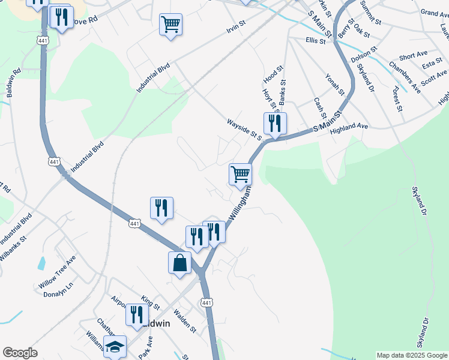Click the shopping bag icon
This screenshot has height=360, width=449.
pos(179,263)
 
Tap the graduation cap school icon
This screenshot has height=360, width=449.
pos(115,346)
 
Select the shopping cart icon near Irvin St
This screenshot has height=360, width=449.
pos(171,25)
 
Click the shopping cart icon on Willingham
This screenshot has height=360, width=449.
pos(240,175)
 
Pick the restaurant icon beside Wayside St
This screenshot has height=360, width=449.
pos(275,124)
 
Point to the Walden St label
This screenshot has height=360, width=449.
pos(185,320)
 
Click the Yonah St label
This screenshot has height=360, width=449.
pos(334,85)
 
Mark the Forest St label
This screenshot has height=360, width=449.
pos(396,100)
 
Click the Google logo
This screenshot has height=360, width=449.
pos(20,352)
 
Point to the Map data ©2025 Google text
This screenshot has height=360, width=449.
pos(411,355)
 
